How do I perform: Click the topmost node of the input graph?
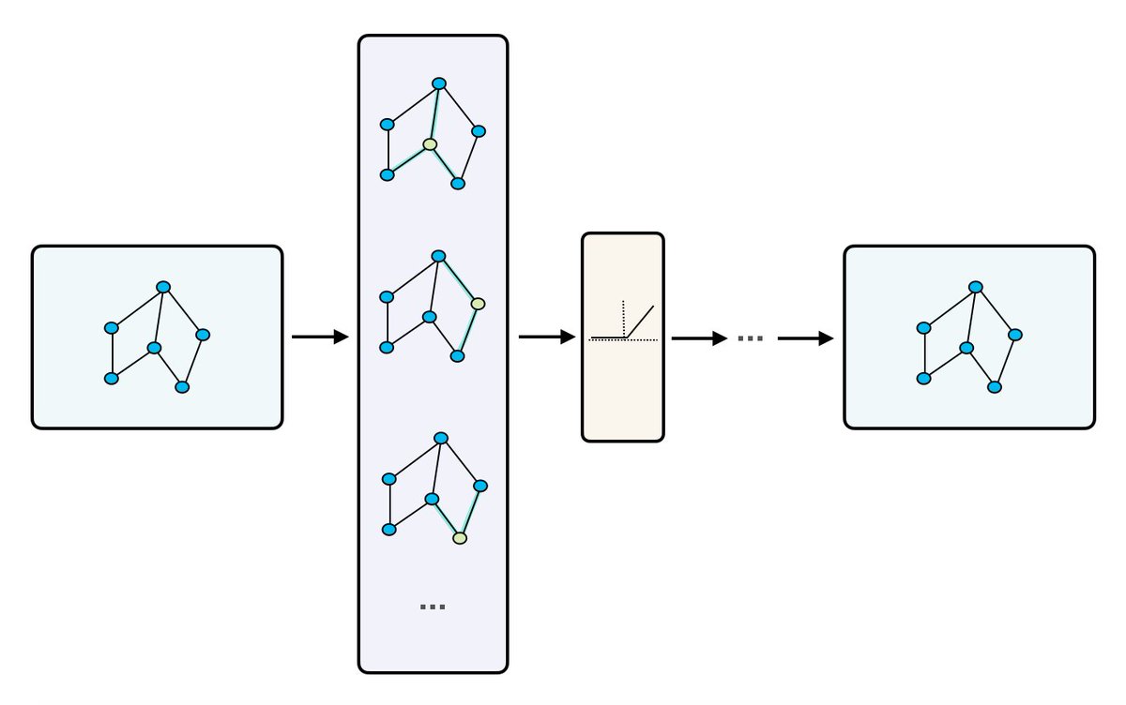click(x=163, y=286)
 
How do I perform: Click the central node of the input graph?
click(x=155, y=348)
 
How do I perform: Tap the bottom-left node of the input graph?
click(x=112, y=379)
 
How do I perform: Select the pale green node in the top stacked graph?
click(x=430, y=144)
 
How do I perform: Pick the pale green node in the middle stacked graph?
click(x=478, y=304)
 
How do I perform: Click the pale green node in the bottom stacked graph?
click(x=460, y=538)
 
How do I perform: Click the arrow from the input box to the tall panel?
click(x=320, y=337)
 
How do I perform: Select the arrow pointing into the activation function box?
click(x=546, y=337)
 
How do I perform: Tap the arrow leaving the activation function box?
click(x=699, y=337)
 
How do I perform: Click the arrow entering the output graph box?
click(x=805, y=337)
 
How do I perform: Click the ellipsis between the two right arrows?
click(x=750, y=337)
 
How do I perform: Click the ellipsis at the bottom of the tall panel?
click(x=433, y=607)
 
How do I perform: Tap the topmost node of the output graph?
click(x=976, y=286)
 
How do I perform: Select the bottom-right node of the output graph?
click(x=995, y=386)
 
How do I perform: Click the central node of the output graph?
click(x=966, y=348)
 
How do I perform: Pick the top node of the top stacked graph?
click(x=438, y=83)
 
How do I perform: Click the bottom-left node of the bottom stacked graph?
click(x=389, y=530)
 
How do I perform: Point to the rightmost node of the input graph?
click(x=203, y=335)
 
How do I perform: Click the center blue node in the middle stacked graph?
click(x=429, y=317)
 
